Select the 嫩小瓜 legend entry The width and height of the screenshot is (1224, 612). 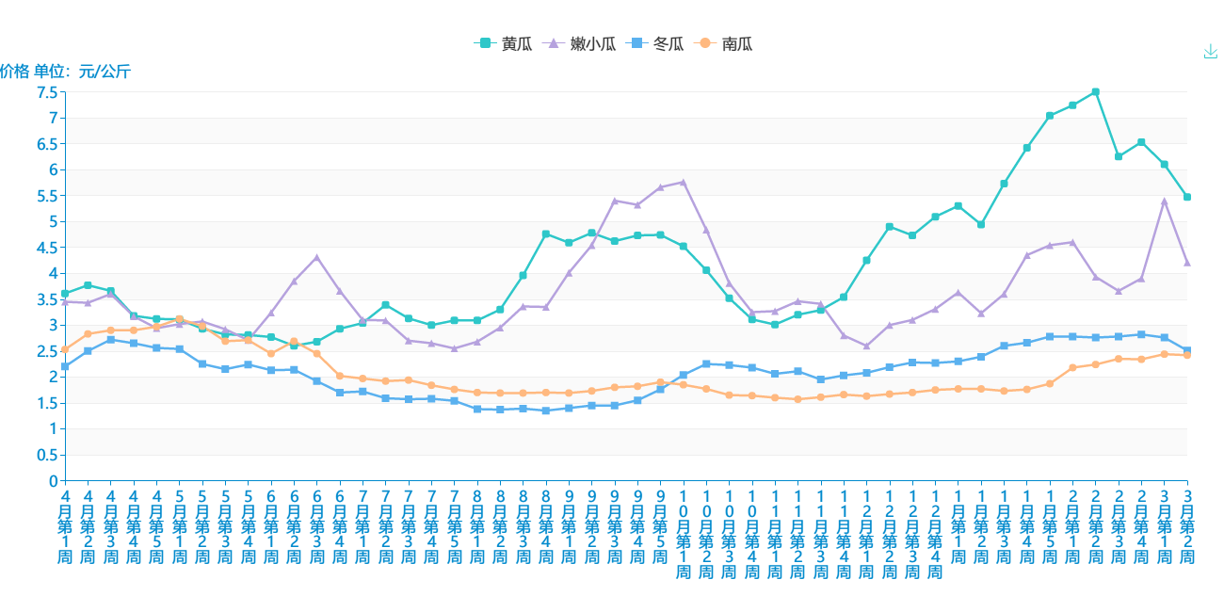tap(580, 43)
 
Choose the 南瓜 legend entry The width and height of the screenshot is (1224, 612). tap(723, 43)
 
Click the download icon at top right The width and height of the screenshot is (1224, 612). tap(1210, 52)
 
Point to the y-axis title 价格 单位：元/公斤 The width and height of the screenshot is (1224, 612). tap(65, 71)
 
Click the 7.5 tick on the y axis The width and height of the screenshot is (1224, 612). tap(47, 92)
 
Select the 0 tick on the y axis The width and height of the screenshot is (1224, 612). tap(53, 481)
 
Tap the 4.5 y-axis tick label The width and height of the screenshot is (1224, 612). tap(47, 248)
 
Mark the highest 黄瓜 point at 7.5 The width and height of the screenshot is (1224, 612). tap(1095, 92)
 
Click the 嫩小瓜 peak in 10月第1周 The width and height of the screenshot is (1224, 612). tap(683, 182)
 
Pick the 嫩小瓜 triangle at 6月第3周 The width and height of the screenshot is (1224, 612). tap(316, 257)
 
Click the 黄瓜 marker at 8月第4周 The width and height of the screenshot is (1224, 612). tap(546, 234)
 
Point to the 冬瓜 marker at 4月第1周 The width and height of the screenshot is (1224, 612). tap(65, 366)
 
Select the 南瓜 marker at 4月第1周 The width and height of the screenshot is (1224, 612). tap(65, 349)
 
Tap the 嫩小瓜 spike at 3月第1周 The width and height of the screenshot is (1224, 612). tap(1164, 201)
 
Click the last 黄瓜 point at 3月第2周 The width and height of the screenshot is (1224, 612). tap(1187, 197)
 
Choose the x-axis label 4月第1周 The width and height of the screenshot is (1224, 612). tap(65, 527)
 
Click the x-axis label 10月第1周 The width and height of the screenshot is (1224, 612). tap(683, 535)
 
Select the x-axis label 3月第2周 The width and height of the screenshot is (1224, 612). tap(1187, 527)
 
